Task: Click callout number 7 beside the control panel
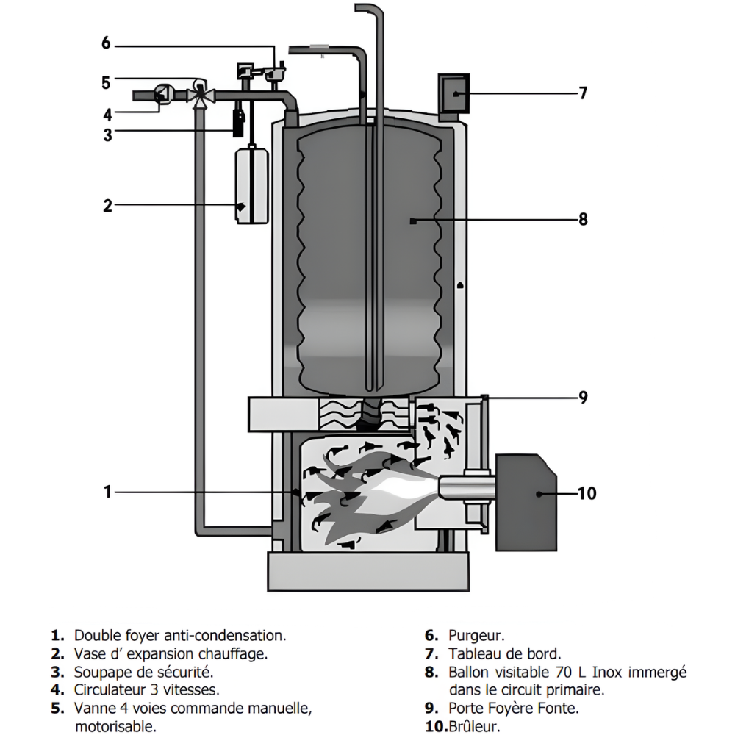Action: (x=583, y=93)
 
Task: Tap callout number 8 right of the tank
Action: (x=583, y=219)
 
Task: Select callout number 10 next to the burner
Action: (x=587, y=493)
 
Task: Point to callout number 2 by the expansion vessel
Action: (x=108, y=205)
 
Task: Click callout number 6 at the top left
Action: (x=106, y=43)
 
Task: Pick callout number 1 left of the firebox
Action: (x=107, y=492)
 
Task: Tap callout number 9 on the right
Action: (x=583, y=398)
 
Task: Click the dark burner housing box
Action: (x=526, y=502)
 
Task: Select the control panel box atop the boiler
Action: (x=453, y=93)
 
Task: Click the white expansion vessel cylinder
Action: (x=252, y=186)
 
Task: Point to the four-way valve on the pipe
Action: (x=200, y=95)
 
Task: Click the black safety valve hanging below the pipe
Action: (x=239, y=123)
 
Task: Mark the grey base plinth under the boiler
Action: (x=368, y=571)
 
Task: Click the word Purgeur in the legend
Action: (x=476, y=636)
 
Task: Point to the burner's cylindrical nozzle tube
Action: (x=467, y=487)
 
